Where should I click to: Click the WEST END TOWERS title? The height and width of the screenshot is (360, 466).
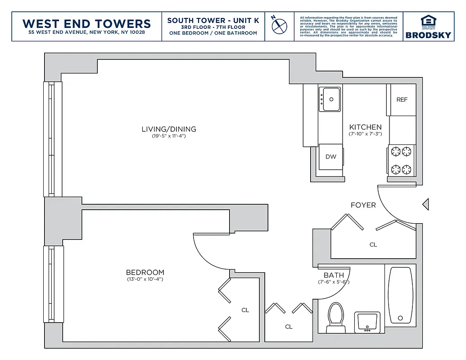[x=86, y=23]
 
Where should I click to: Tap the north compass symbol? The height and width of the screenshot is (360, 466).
[x=279, y=25]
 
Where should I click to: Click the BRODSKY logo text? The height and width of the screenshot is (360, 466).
[x=427, y=35]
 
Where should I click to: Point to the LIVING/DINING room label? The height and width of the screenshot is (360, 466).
[x=169, y=129]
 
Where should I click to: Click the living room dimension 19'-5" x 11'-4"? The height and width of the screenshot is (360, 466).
[x=169, y=136]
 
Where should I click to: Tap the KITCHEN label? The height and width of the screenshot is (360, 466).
[x=365, y=127]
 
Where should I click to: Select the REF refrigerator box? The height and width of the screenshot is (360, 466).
[x=402, y=99]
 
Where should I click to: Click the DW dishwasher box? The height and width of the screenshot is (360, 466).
[x=331, y=157]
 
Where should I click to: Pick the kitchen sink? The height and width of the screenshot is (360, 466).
[x=330, y=99]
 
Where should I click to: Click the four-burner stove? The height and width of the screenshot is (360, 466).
[x=401, y=160]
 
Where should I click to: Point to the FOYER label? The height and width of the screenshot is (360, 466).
[x=363, y=205]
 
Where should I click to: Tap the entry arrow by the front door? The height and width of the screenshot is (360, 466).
[x=425, y=205]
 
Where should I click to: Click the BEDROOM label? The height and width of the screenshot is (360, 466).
[x=145, y=272]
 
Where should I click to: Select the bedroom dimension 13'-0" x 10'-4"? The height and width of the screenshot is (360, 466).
[x=145, y=279]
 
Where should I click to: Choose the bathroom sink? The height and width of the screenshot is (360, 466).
[x=367, y=321]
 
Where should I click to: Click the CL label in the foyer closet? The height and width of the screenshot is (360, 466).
[x=373, y=245]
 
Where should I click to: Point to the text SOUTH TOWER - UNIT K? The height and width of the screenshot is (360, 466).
[x=213, y=21]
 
